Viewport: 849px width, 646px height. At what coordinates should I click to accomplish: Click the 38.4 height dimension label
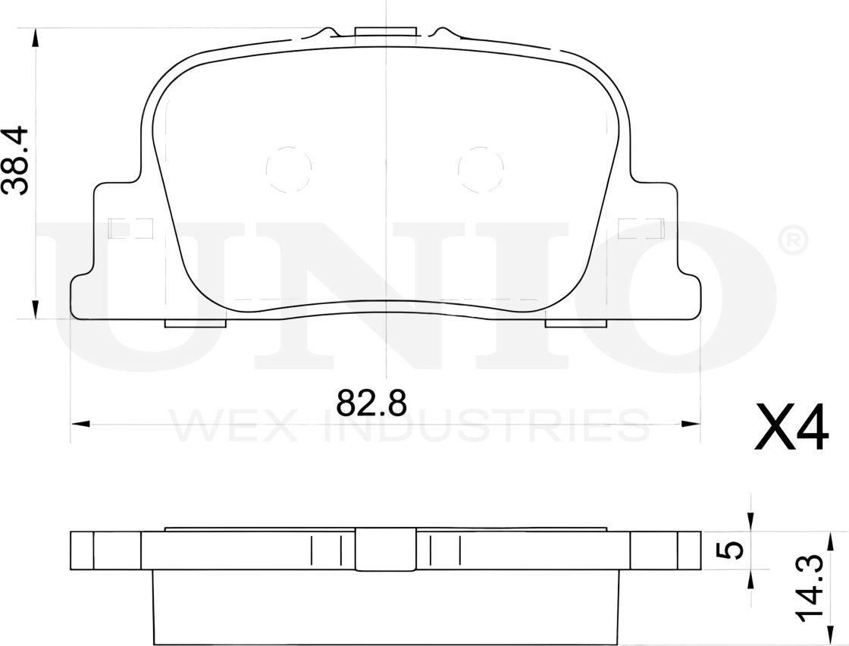coord(16,161)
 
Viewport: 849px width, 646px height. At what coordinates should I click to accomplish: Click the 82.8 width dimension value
coord(371,403)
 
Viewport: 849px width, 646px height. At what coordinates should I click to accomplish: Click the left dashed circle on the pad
coord(289,168)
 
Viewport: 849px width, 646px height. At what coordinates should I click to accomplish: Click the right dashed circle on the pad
coord(481,168)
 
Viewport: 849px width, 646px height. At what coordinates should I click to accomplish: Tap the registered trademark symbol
coord(793,242)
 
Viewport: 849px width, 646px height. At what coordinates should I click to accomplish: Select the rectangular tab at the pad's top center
coord(386,32)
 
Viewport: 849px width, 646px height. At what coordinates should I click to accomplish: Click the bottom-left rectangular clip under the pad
coord(196,324)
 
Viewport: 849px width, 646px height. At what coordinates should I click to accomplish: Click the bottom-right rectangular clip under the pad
coord(576,324)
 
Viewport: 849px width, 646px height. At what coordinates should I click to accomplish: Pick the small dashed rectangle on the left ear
coord(130,228)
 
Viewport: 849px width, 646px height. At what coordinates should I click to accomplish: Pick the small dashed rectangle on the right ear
coord(641,228)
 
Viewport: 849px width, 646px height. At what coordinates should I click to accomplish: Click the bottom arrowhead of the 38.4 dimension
coord(35,309)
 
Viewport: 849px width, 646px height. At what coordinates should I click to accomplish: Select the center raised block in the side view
coord(386,550)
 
